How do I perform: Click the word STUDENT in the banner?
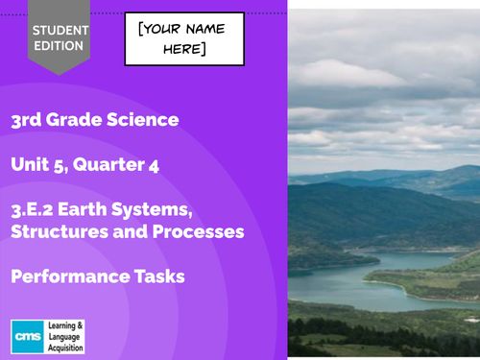coord(60,29)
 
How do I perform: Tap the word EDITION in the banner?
coord(60,45)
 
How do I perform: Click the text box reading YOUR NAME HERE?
coord(184,38)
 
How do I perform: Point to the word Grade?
coord(80,120)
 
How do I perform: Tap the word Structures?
coord(60,232)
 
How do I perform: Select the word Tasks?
coord(157,276)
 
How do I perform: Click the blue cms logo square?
coord(25,333)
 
